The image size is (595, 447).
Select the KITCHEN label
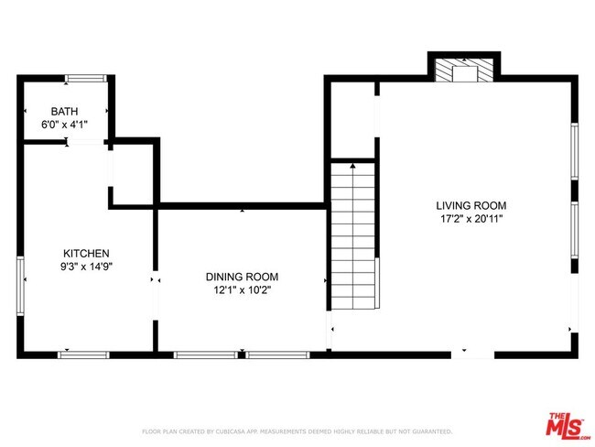tap(86, 254)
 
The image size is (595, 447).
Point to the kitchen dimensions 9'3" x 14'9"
tap(86, 267)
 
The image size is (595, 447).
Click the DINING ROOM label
tap(242, 277)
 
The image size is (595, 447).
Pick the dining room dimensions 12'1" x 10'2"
tap(242, 289)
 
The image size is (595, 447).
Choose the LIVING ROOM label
tap(471, 206)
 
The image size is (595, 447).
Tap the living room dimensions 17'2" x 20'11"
tap(471, 219)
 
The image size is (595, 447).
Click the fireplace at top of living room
tap(466, 71)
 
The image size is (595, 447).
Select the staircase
tap(352, 236)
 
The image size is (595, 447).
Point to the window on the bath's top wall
tap(84, 78)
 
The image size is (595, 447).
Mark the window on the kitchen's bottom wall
tap(84, 354)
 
